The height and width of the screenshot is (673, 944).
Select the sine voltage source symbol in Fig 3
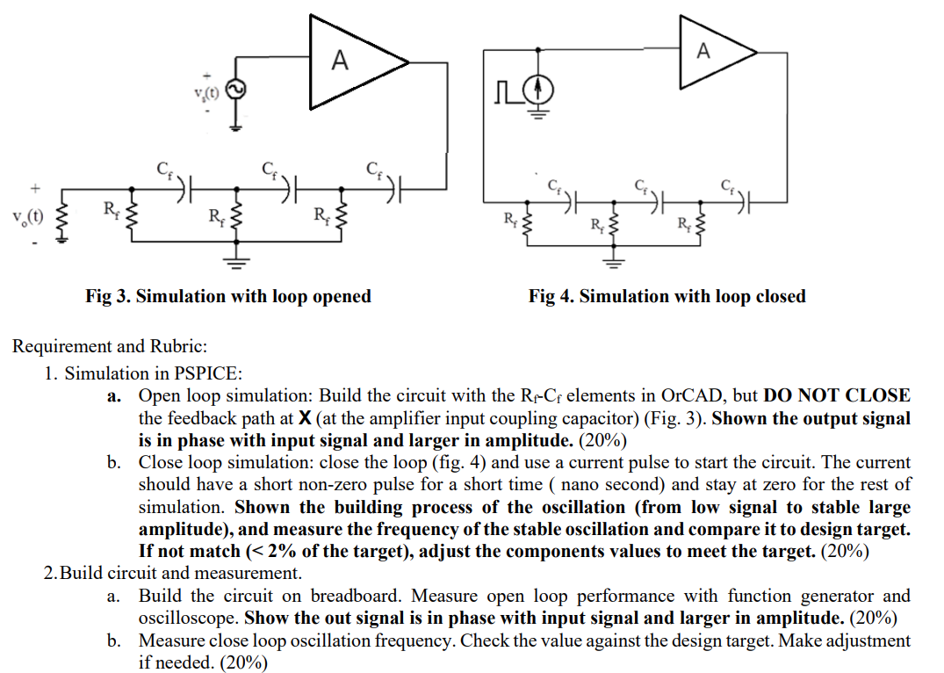pyautogui.click(x=234, y=90)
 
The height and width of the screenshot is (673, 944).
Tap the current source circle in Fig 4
pyautogui.click(x=540, y=89)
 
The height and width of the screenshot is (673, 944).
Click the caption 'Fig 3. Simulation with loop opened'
pyautogui.click(x=228, y=296)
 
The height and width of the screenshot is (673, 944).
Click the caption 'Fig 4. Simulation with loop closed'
pyautogui.click(x=667, y=296)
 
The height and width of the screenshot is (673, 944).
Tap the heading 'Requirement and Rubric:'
pyautogui.click(x=110, y=346)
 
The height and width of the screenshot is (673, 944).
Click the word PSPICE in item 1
pyautogui.click(x=211, y=373)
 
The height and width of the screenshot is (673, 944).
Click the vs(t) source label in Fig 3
pyautogui.click(x=207, y=92)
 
